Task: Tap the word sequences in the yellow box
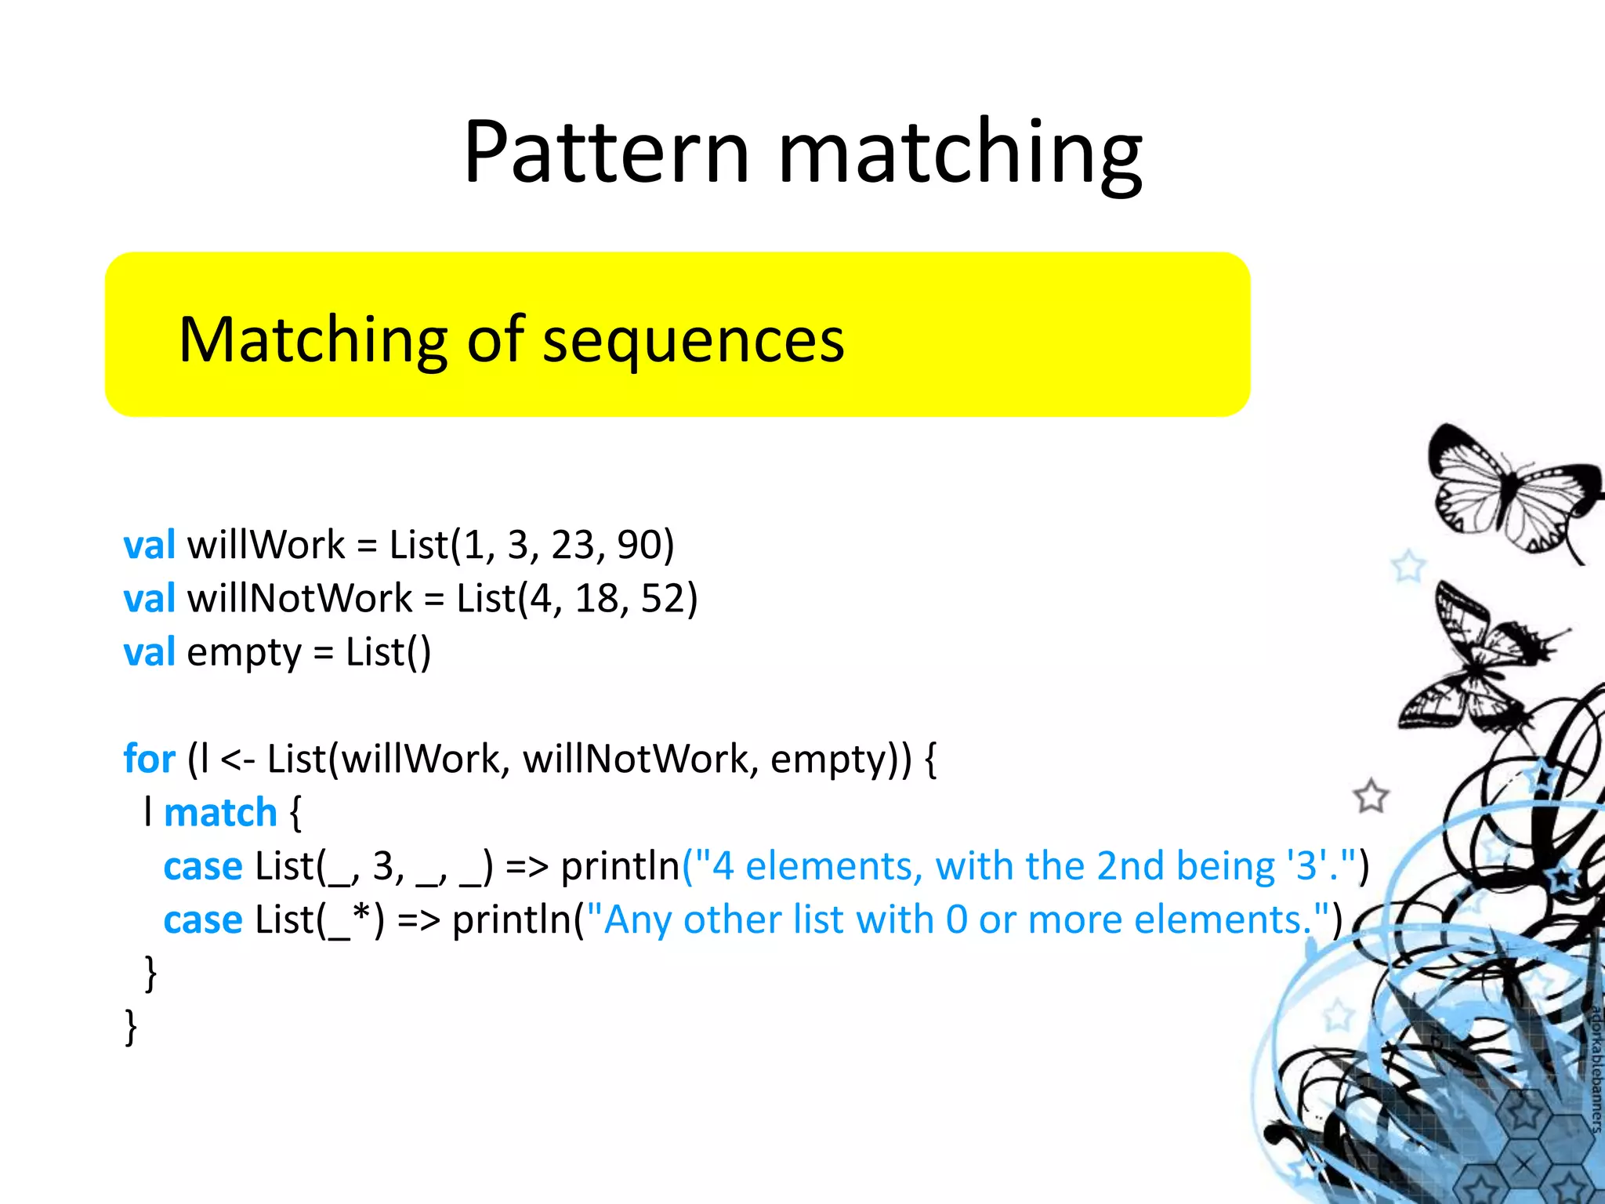[694, 341]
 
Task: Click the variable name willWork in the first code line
[266, 545]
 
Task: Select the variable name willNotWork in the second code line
[299, 599]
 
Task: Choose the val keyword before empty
[149, 652]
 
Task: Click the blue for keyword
[149, 759]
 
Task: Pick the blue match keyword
[220, 813]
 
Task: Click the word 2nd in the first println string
[1130, 866]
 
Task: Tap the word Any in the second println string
[637, 920]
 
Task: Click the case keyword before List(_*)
[203, 920]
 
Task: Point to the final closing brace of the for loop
[131, 1027]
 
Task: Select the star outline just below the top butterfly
[1408, 566]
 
